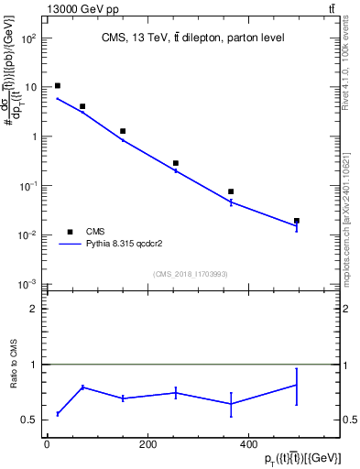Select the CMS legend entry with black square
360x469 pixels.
coord(94,232)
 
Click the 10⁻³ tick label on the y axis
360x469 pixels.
coord(29,284)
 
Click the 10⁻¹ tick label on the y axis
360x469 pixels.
coord(29,186)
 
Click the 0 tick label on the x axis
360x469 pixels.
coord(47,444)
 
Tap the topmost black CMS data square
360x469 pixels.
coord(58,86)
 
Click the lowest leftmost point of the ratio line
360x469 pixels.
coord(58,414)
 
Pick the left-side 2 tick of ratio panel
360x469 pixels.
coord(33,309)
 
